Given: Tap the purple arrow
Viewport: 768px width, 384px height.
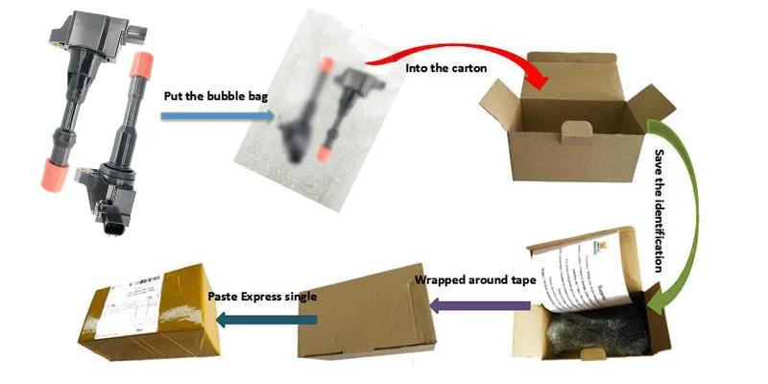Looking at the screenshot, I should tap(479, 306).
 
